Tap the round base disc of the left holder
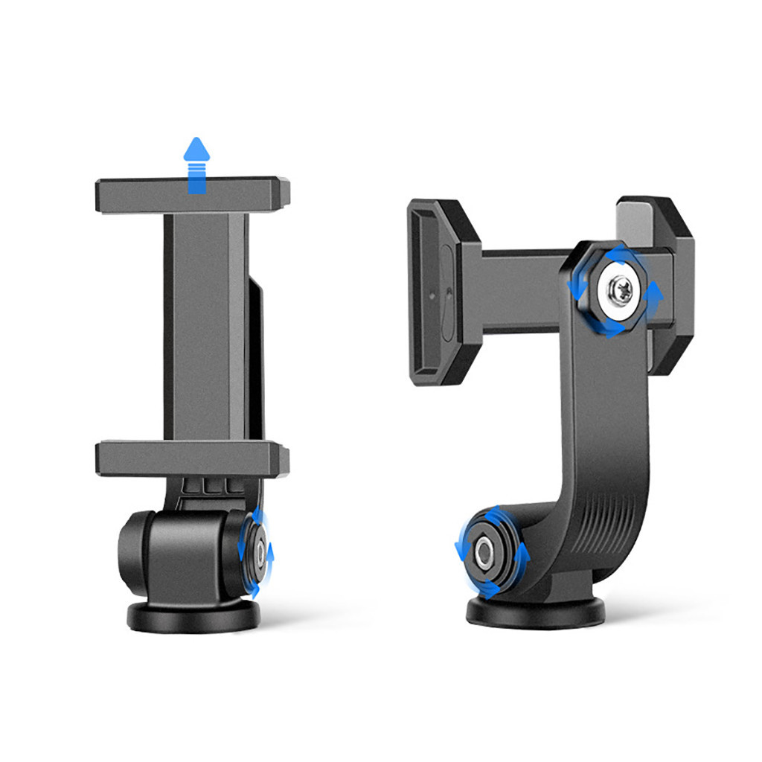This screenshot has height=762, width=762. click(193, 616)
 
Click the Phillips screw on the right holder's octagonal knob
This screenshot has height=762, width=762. click(619, 289)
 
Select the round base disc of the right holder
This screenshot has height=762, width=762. click(536, 612)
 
